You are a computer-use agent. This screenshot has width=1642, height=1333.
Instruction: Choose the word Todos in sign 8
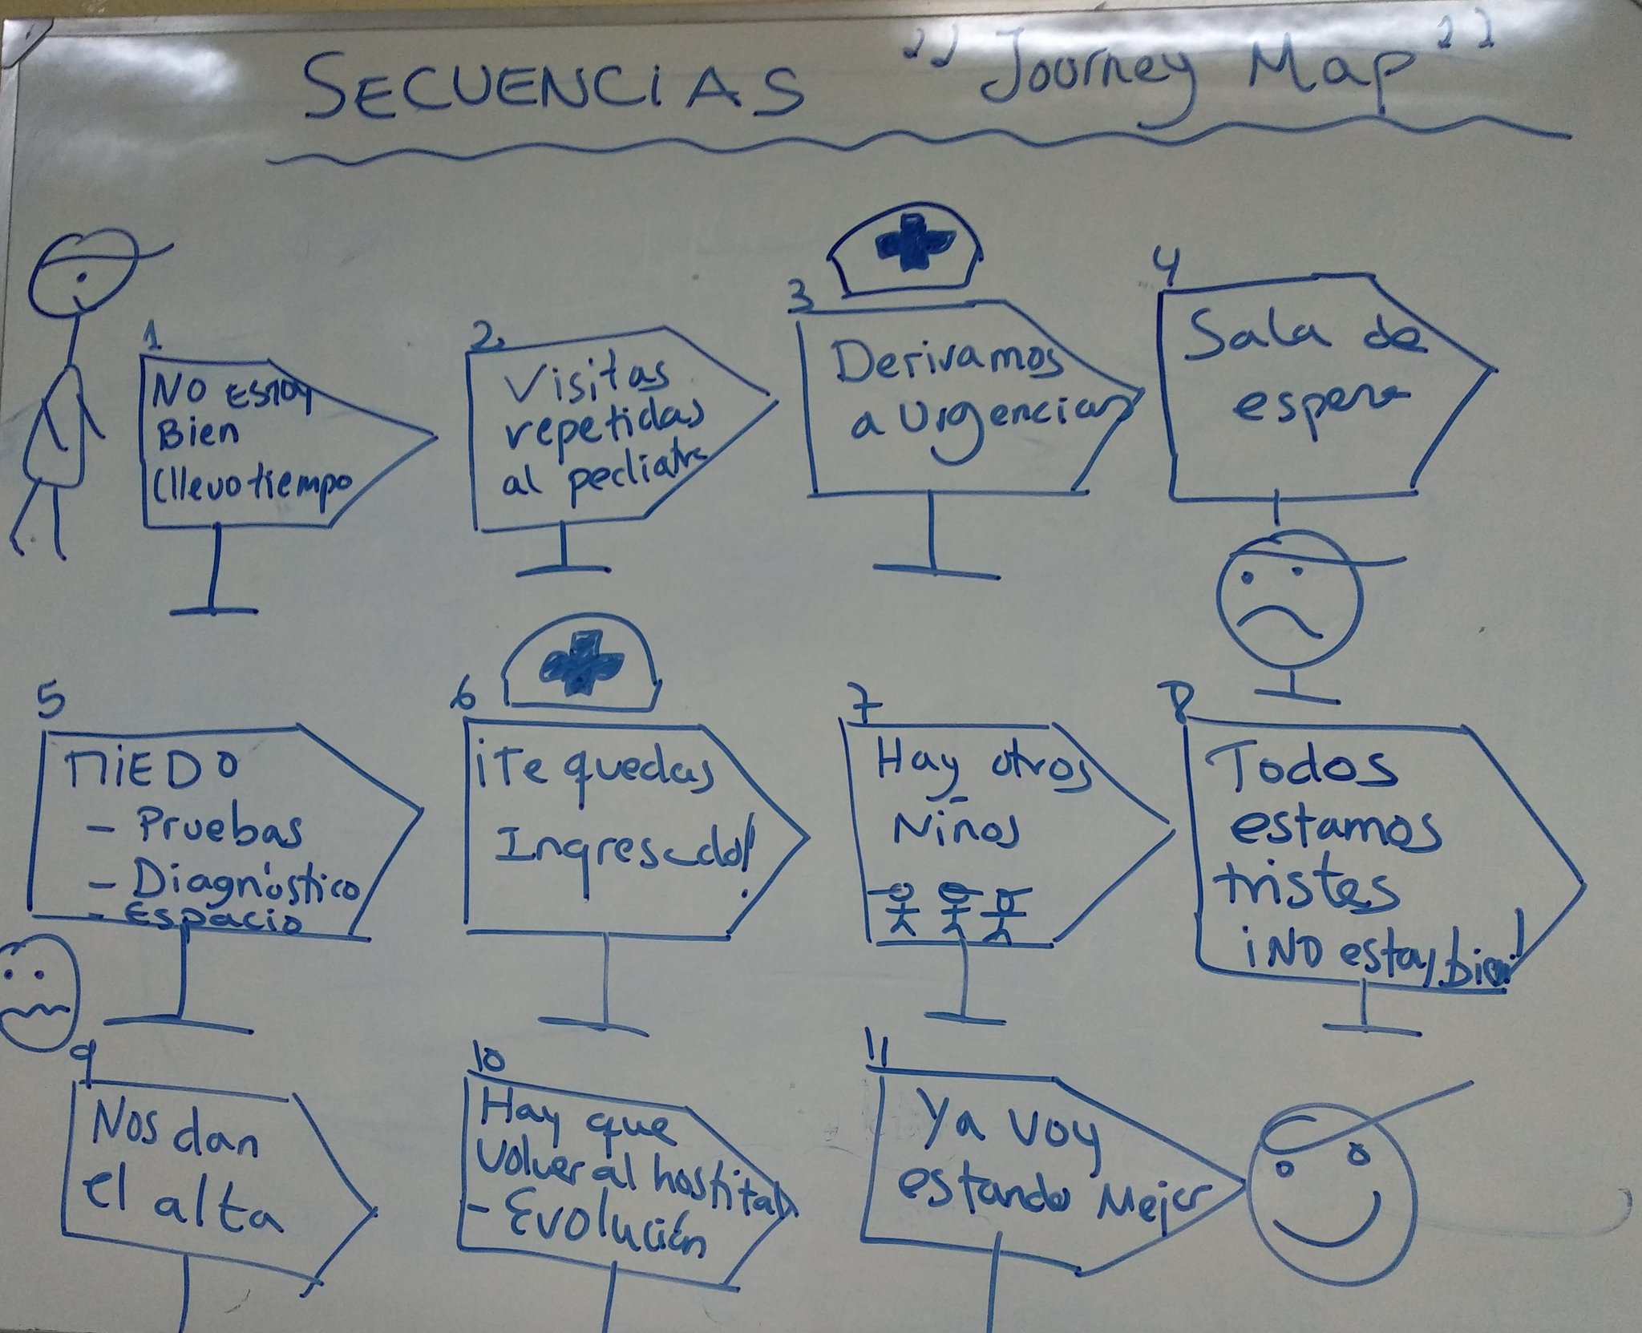coord(1299,770)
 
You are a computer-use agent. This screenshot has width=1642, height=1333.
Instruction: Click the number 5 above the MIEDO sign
coord(48,705)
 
